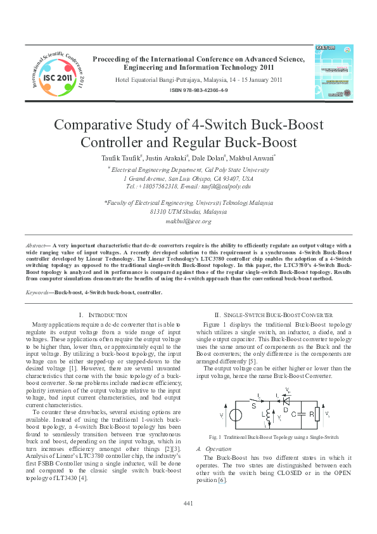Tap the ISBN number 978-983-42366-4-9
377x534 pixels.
point(198,91)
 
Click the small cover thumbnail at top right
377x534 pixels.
point(334,71)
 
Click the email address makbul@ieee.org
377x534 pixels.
point(188,221)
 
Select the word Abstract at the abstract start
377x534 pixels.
point(37,244)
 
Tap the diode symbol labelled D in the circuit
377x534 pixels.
point(286,401)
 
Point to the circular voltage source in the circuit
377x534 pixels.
point(234,416)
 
